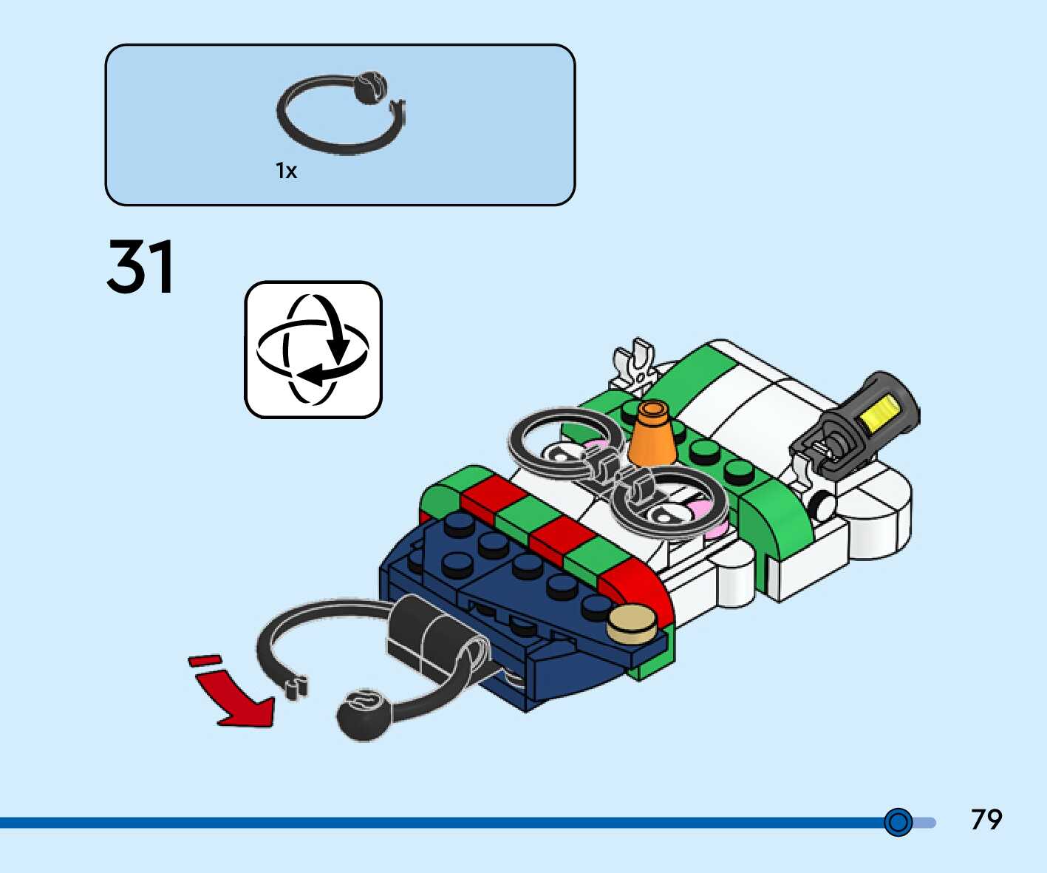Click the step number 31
tap(141, 266)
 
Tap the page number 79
tap(986, 820)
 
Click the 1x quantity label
tap(286, 171)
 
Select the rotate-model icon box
tap(313, 350)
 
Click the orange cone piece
tap(652, 435)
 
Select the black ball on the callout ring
tap(369, 87)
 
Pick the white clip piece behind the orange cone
tap(635, 366)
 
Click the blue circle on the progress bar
tap(898, 822)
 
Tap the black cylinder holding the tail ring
tap(429, 636)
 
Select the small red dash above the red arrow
tap(205, 659)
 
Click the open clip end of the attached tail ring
tap(295, 686)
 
